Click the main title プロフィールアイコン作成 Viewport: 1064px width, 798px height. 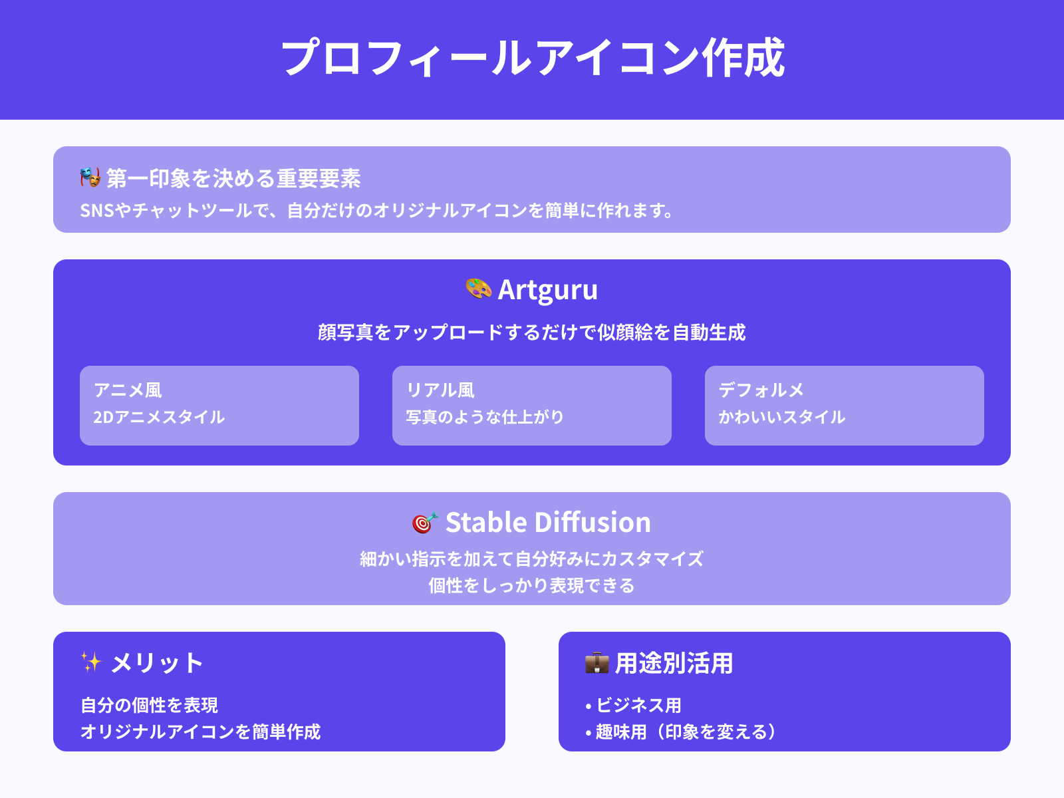click(x=532, y=59)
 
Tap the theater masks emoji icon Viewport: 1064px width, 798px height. click(x=90, y=178)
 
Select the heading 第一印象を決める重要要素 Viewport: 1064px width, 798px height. click(x=233, y=178)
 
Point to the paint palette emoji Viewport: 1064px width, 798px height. click(x=479, y=289)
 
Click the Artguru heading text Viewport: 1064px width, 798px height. click(x=547, y=290)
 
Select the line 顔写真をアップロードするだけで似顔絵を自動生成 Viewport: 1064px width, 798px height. click(x=532, y=332)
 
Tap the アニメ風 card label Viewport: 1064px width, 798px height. click(x=128, y=390)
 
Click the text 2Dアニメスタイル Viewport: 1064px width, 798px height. click(x=159, y=417)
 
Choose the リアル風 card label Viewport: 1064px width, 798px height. click(x=440, y=390)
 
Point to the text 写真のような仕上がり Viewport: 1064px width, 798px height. click(x=485, y=417)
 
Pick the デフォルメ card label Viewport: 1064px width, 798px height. click(x=761, y=390)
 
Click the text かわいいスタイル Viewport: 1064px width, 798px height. click(x=782, y=417)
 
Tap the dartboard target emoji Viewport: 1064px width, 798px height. click(x=425, y=523)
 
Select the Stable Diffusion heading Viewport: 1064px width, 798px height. click(x=548, y=523)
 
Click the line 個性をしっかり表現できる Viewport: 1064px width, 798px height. click(x=532, y=585)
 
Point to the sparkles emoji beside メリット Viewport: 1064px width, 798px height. click(x=91, y=662)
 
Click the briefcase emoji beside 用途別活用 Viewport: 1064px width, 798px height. click(x=597, y=663)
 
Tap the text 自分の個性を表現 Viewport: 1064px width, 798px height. click(x=149, y=705)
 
